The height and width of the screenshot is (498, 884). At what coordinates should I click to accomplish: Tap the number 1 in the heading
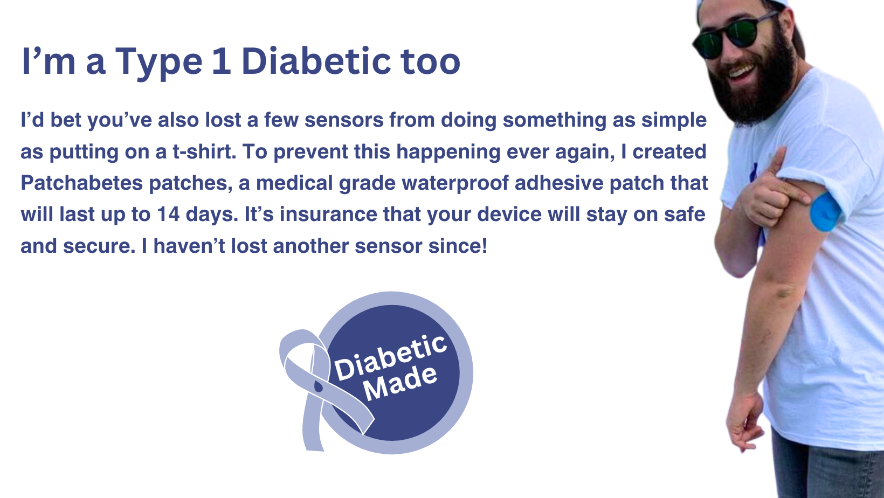tap(222, 61)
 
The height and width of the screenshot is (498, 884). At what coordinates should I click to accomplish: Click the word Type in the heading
tap(158, 64)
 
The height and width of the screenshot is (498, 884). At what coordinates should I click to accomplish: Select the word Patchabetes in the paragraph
tap(81, 183)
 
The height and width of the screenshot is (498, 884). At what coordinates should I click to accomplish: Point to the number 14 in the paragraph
tap(168, 215)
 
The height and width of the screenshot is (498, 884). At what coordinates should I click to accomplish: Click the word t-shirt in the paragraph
tap(204, 151)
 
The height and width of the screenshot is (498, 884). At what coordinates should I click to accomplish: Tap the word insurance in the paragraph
tap(328, 215)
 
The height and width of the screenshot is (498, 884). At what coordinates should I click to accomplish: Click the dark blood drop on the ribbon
tap(318, 386)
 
